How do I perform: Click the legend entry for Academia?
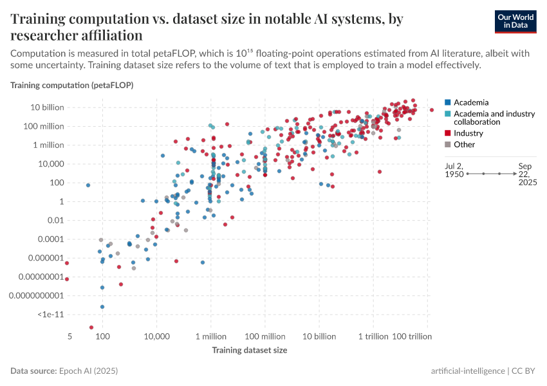click(470, 102)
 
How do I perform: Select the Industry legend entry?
click(468, 133)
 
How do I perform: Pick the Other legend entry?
click(464, 144)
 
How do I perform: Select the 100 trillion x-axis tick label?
click(411, 336)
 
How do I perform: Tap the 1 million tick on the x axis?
click(210, 336)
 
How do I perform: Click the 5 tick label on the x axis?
click(68, 336)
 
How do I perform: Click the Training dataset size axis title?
click(249, 351)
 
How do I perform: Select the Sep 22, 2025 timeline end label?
click(527, 174)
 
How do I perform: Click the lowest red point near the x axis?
click(91, 327)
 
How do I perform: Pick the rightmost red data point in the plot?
click(432, 110)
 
